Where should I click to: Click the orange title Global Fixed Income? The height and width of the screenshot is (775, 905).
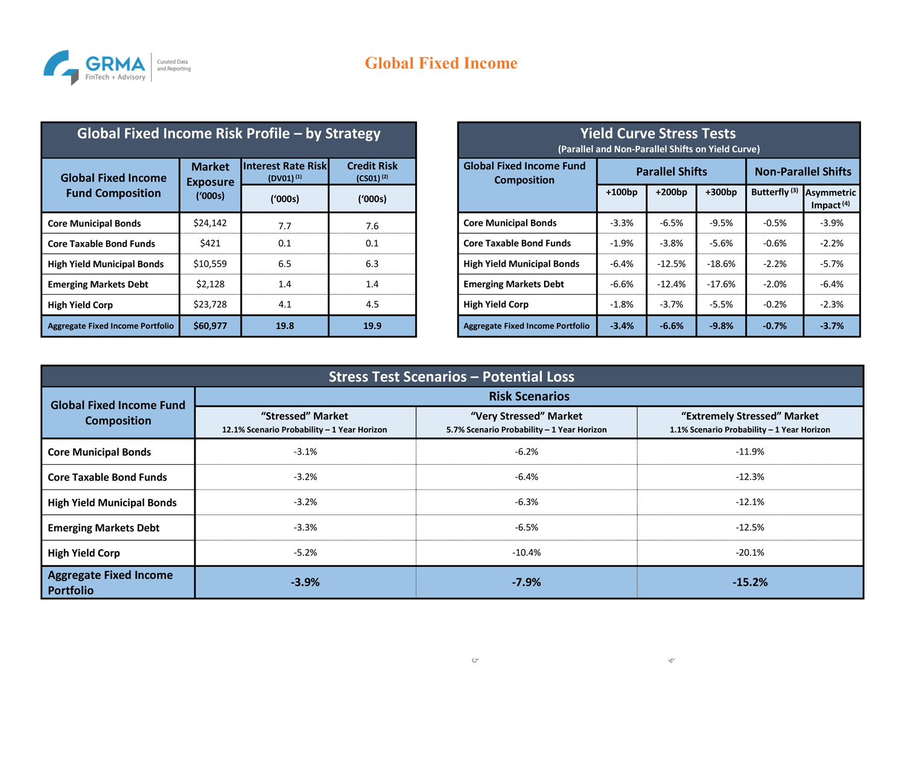[x=441, y=63]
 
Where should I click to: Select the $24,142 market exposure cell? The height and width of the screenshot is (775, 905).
[x=210, y=223]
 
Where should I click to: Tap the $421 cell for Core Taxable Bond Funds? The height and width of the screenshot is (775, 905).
[x=210, y=243]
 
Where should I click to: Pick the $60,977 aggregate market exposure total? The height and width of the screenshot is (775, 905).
[x=210, y=325]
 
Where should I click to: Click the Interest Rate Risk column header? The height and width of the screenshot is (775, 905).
[x=285, y=171]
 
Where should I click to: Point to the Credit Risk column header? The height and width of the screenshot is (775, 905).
[x=372, y=171]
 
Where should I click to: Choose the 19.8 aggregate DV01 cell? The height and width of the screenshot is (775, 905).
[x=285, y=325]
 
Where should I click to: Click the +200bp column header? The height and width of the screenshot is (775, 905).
[x=671, y=193]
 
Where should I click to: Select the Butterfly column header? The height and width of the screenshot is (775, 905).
[x=775, y=192]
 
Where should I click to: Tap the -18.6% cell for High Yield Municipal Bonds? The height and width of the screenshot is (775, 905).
[x=720, y=264]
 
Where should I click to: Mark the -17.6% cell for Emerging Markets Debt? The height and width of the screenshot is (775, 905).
[x=720, y=284]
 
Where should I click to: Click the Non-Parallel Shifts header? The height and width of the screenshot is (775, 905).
[x=803, y=171]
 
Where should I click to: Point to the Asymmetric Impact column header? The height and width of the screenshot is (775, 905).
[x=831, y=199]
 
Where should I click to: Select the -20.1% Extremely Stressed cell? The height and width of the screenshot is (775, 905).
[x=749, y=552]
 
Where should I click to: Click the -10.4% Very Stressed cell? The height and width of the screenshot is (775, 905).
[x=526, y=552]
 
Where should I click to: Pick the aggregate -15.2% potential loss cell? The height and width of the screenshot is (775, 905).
[x=749, y=582]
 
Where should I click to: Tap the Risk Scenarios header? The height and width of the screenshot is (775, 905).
[x=529, y=397]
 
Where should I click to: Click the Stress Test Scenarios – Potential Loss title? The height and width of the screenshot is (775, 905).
[x=451, y=377]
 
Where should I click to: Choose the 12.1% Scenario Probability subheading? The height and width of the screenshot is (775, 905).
[x=304, y=430]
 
